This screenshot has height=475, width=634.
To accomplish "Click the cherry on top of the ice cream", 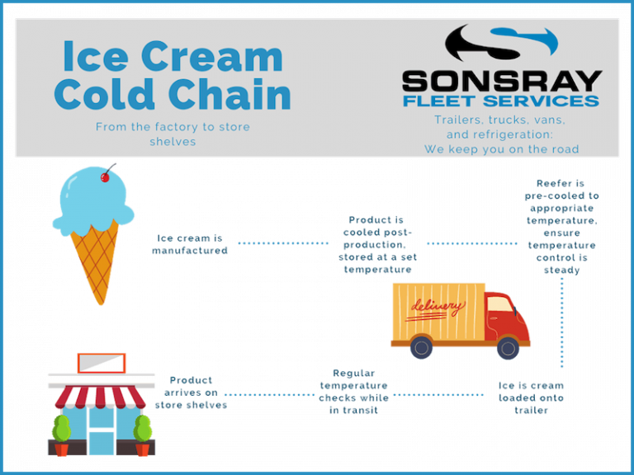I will click(x=104, y=176).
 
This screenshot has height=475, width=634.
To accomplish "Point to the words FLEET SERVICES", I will click(x=501, y=101).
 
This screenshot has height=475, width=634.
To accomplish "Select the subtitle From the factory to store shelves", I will click(x=173, y=133).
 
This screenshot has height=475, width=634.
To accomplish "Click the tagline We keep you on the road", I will click(x=501, y=149).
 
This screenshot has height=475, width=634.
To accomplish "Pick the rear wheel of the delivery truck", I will click(x=422, y=347).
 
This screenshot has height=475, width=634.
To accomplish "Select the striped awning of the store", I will click(x=102, y=397).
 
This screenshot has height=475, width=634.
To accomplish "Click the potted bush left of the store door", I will click(x=61, y=432).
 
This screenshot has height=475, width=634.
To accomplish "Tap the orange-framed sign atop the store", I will click(x=101, y=363).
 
